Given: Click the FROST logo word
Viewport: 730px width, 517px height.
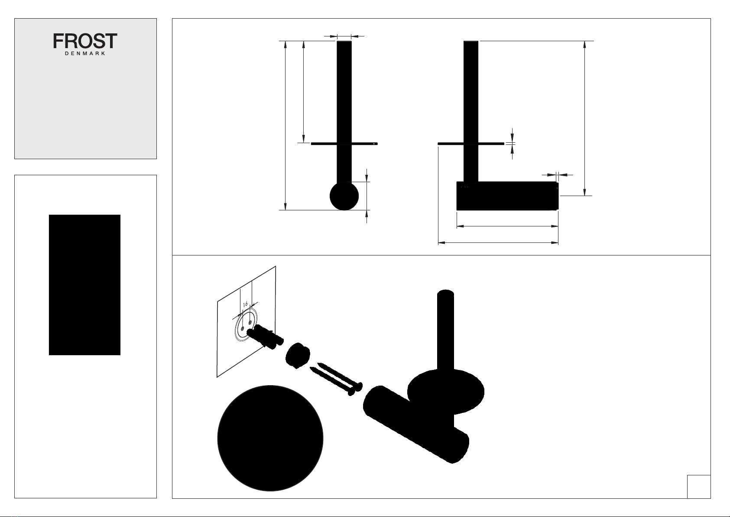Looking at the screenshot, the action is click(85, 41).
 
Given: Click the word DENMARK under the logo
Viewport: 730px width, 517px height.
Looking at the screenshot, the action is click(85, 53).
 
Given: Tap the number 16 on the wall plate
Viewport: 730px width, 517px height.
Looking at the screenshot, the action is click(245, 304).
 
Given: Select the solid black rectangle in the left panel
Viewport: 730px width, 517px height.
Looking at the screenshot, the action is click(85, 285).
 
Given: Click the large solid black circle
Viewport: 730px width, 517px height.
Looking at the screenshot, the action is click(270, 438).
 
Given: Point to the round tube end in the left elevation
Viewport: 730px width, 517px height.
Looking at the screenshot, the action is click(344, 196).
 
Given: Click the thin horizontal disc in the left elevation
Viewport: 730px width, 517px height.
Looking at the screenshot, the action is click(344, 144).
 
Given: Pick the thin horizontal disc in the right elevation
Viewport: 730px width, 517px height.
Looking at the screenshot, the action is click(471, 144).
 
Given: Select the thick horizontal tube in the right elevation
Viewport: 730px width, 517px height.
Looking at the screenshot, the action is click(507, 196).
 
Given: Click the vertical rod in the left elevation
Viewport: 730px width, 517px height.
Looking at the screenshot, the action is click(344, 111).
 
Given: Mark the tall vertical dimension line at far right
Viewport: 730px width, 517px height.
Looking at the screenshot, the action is click(585, 118).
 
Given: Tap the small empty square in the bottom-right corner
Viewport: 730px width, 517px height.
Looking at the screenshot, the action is click(699, 487).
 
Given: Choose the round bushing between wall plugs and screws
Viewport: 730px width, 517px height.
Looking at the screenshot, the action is click(298, 355).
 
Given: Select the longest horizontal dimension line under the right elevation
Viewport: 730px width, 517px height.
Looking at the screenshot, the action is click(498, 243).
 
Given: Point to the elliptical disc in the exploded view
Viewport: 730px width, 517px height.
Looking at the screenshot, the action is click(445, 392).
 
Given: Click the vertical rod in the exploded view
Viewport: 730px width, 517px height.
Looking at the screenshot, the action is click(445, 330).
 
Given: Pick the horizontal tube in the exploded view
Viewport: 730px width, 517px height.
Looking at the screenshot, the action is click(416, 424).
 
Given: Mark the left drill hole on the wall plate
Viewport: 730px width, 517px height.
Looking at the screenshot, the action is click(243, 328).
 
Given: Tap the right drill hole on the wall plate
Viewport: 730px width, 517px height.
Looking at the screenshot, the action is click(250, 323).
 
